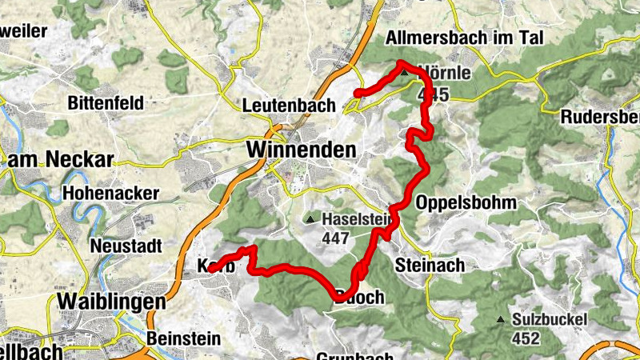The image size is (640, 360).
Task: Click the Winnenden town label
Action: [301, 150]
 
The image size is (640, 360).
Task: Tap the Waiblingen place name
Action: [112, 302]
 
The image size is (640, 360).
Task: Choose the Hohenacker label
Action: [110, 194]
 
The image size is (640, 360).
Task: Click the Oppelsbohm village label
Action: [466, 202]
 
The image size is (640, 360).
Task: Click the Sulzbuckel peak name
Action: [550, 320]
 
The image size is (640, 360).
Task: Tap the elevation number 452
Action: [526, 338]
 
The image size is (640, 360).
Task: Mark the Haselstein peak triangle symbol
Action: [310, 219]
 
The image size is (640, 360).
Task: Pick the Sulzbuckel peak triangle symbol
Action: [501, 321]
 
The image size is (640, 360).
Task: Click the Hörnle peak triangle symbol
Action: [405, 74]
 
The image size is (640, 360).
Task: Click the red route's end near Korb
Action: [211, 270]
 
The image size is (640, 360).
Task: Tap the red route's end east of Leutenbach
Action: [357, 94]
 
